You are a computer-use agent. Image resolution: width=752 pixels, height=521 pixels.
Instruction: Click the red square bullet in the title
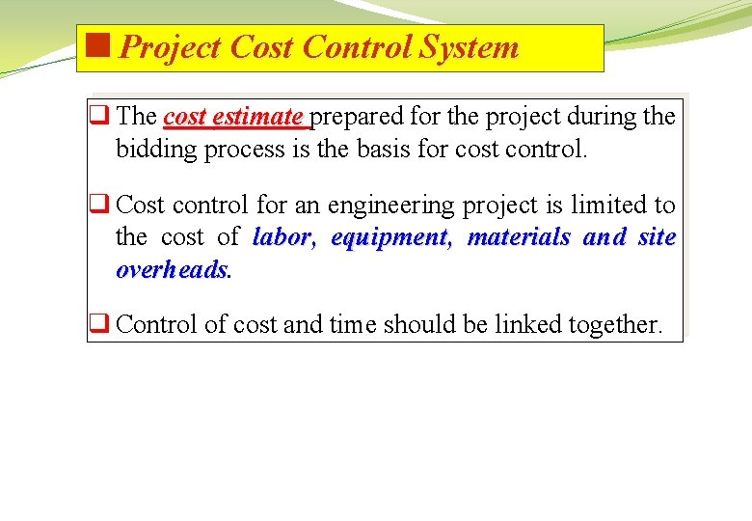tap(97, 44)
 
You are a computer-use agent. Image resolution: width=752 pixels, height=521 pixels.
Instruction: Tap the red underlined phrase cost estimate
tap(234, 118)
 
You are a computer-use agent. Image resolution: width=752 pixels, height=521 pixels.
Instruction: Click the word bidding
tap(156, 150)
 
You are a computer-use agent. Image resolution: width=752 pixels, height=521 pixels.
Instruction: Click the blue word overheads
tap(174, 270)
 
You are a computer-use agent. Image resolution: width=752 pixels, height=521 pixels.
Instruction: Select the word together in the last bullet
tap(615, 325)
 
